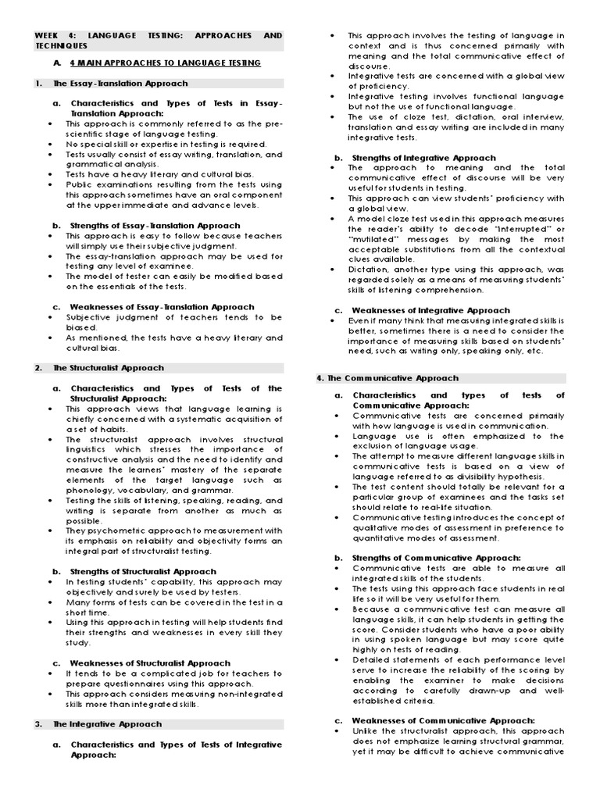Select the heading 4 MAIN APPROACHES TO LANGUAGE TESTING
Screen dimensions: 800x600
tap(165, 62)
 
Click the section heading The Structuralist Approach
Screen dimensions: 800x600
tap(109, 367)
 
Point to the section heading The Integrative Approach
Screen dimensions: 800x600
tap(107, 724)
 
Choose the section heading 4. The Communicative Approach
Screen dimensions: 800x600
tap(387, 377)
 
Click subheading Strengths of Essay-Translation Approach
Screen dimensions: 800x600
tap(156, 225)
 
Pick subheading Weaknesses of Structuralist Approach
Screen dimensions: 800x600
tap(150, 663)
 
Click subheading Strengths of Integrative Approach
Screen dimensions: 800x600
tap(423, 158)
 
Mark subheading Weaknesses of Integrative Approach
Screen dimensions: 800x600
tap(430, 310)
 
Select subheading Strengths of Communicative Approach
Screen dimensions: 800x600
tap(436, 558)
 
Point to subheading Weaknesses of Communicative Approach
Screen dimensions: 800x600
tap(443, 720)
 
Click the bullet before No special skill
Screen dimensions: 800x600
tap(51, 144)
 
